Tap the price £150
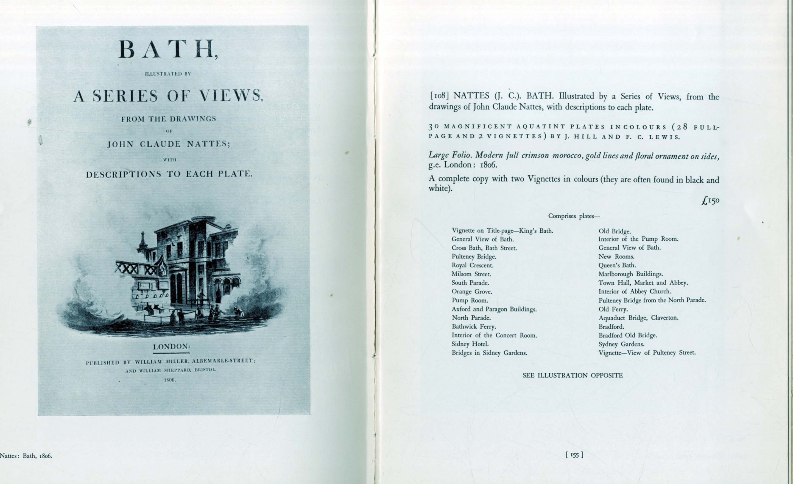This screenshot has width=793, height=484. point(710,201)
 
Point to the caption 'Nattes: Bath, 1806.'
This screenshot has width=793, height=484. point(26,456)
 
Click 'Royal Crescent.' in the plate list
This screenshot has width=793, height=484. point(472,265)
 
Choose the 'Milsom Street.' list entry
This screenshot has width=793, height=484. point(471,274)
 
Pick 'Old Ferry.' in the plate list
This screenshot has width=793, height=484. point(613,309)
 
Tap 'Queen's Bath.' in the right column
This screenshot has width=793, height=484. point(617,265)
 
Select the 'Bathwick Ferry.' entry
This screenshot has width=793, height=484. point(474,326)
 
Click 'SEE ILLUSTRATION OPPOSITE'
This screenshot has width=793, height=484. point(573,375)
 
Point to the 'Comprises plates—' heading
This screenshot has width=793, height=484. point(574,216)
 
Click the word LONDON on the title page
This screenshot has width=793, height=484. point(171,347)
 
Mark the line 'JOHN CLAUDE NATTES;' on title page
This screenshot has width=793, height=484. point(169,144)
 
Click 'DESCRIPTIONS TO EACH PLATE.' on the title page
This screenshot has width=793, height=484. point(169,174)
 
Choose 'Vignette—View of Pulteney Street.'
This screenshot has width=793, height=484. point(647,353)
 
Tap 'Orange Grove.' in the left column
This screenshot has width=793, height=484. point(471,291)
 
